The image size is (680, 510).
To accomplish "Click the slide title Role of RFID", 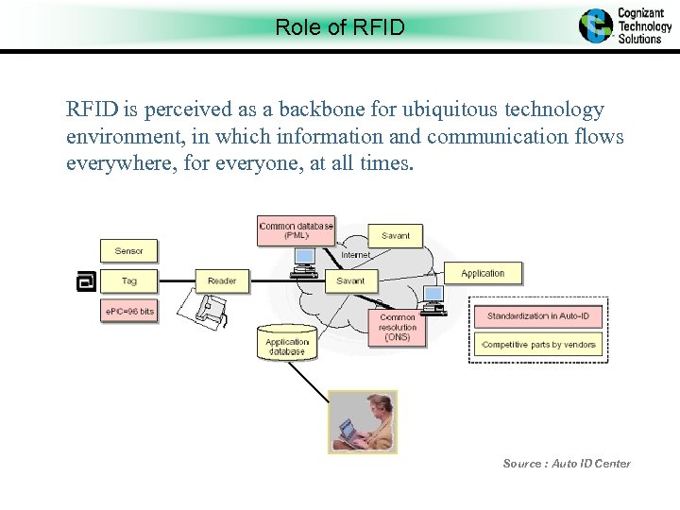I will tap(339, 27).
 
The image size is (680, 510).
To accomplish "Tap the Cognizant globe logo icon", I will tap(595, 25).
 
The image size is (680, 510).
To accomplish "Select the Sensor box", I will tap(129, 250).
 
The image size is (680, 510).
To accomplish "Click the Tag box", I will tap(129, 280).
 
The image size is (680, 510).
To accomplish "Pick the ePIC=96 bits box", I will tap(128, 311).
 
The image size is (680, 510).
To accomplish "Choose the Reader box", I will tap(222, 280).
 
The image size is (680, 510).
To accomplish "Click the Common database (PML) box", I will tap(296, 230).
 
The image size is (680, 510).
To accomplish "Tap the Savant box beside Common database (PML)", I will tap(396, 235).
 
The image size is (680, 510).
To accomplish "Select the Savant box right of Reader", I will tap(350, 280).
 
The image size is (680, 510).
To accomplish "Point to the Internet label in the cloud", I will tap(355, 255).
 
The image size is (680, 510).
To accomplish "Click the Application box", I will tap(483, 274).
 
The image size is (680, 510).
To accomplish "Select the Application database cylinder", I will tap(286, 342).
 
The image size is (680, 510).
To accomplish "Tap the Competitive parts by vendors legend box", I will tap(537, 345).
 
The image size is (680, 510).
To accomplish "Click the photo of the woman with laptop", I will tap(362, 421).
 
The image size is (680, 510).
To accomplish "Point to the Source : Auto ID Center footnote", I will tap(567, 463).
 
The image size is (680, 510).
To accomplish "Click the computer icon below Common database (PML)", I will tap(304, 260).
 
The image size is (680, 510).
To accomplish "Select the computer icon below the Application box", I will tap(433, 298).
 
